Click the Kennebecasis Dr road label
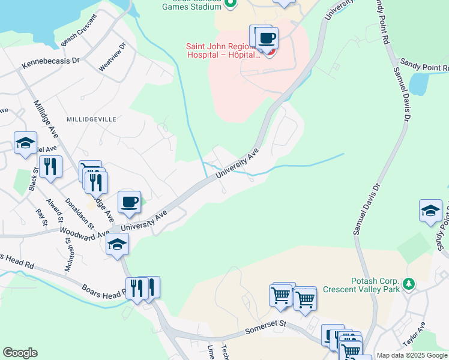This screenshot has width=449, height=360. (51, 61)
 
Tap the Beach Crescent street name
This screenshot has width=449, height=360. (84, 37)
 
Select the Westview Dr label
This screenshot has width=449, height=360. (112, 57)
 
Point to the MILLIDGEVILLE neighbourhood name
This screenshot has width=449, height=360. (91, 119)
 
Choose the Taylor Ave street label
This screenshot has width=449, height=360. (414, 334)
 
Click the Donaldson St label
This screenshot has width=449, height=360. (80, 213)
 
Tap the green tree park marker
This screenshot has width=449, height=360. (409, 283)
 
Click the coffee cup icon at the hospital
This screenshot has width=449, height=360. (267, 38)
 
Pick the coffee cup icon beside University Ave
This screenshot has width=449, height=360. (129, 201)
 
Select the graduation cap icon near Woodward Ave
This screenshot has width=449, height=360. (117, 244)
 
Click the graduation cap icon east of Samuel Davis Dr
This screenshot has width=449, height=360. (430, 210)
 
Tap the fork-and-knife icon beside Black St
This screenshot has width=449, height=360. (50, 166)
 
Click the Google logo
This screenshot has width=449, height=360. (20, 353)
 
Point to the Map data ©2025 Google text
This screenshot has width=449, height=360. (412, 355)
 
